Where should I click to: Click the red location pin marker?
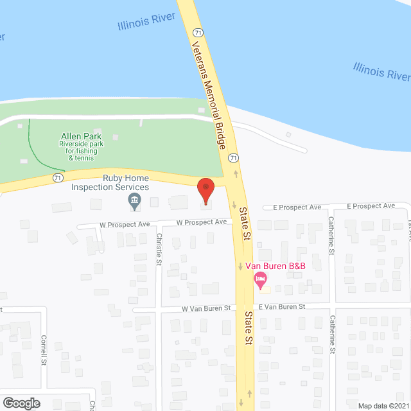[205, 191]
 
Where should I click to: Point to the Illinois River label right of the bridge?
[381, 71]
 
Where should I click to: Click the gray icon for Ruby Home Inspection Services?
[135, 202]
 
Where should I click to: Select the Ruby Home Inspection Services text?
[110, 183]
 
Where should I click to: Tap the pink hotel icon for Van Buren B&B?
[260, 279]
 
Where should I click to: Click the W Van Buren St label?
[205, 308]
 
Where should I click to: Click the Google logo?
[21, 403]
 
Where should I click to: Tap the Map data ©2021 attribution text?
[383, 405]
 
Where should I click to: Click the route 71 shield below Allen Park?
[58, 177]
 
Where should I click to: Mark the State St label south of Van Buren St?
[248, 329]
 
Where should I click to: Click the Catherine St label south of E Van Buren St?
[333, 334]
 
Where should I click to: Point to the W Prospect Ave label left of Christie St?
[125, 225]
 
